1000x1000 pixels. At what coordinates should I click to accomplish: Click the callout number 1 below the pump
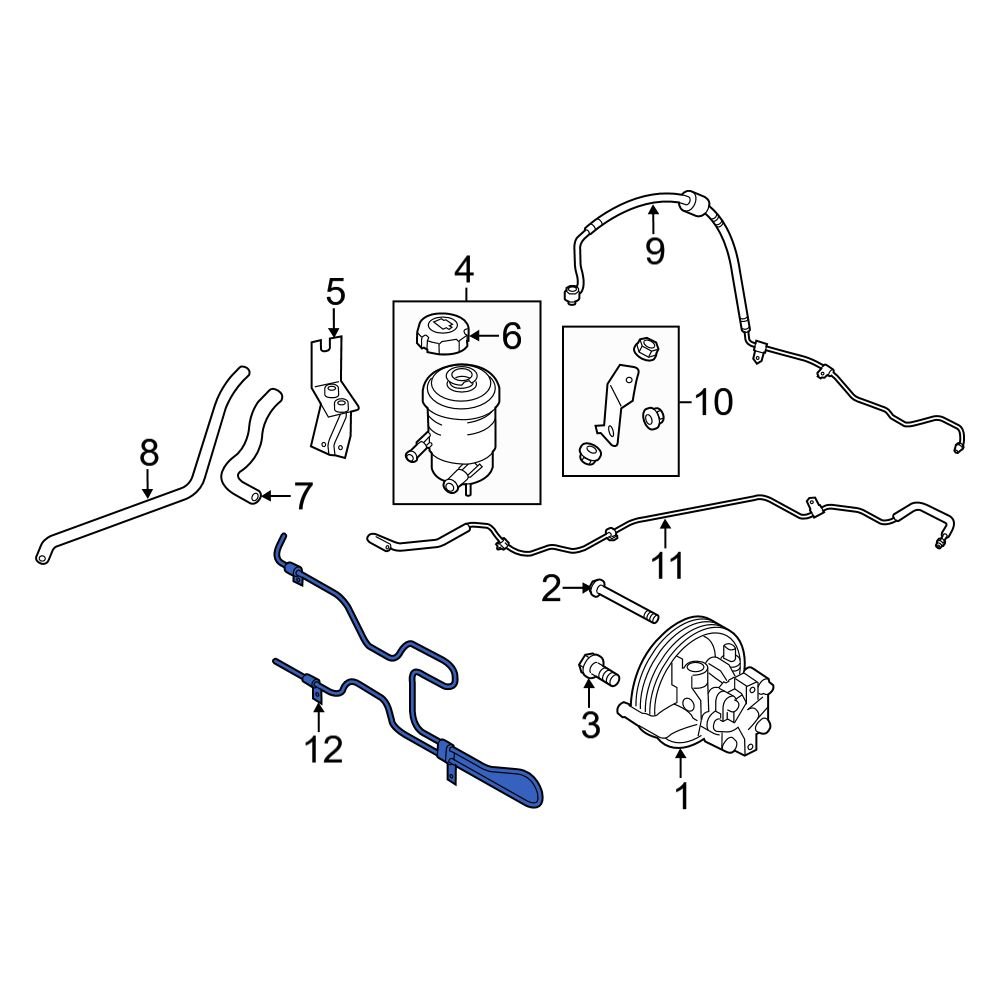coord(682,797)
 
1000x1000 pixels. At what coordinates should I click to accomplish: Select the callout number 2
coord(551,590)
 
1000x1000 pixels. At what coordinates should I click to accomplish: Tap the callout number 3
coord(590,724)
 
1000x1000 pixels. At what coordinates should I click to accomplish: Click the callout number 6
coord(511,337)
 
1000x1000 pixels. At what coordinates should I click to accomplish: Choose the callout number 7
coord(302,495)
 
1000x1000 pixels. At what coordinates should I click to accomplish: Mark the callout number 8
coord(149,453)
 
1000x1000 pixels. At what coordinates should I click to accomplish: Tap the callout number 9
coord(654,250)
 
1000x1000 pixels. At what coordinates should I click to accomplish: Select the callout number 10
coord(713,403)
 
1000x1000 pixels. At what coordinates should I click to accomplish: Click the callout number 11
coord(667,565)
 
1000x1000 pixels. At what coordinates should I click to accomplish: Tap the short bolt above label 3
coord(593,669)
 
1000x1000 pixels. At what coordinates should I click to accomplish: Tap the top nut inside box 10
coord(645,349)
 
